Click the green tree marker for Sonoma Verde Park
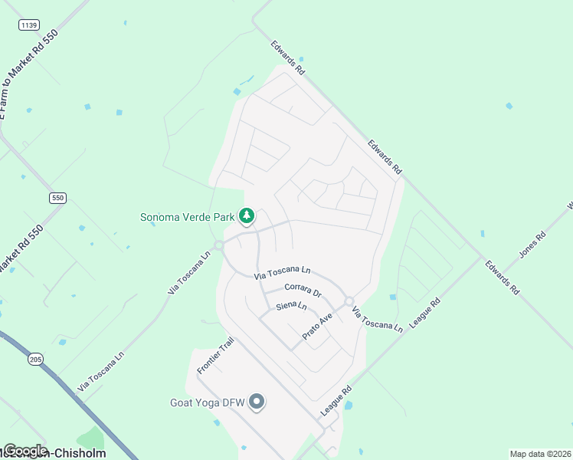point(247,216)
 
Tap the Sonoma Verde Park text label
point(188,217)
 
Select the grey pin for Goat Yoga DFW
point(257,401)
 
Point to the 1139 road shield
point(29,25)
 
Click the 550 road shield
point(58,198)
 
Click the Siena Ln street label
point(291,307)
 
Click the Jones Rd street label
point(531,243)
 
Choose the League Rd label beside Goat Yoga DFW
point(335,401)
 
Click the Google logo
point(25,451)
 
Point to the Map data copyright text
point(540,454)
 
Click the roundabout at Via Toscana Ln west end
point(219,245)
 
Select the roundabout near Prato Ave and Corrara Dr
point(349,301)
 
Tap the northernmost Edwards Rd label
point(288,58)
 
